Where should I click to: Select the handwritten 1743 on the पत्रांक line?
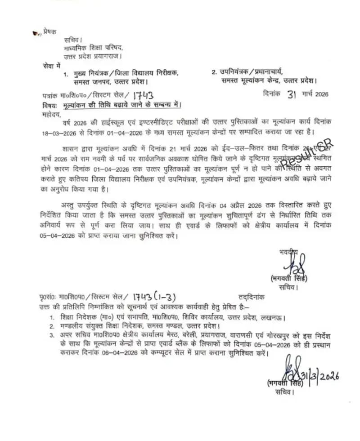[x=144, y=95]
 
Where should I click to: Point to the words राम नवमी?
[x=93, y=159]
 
